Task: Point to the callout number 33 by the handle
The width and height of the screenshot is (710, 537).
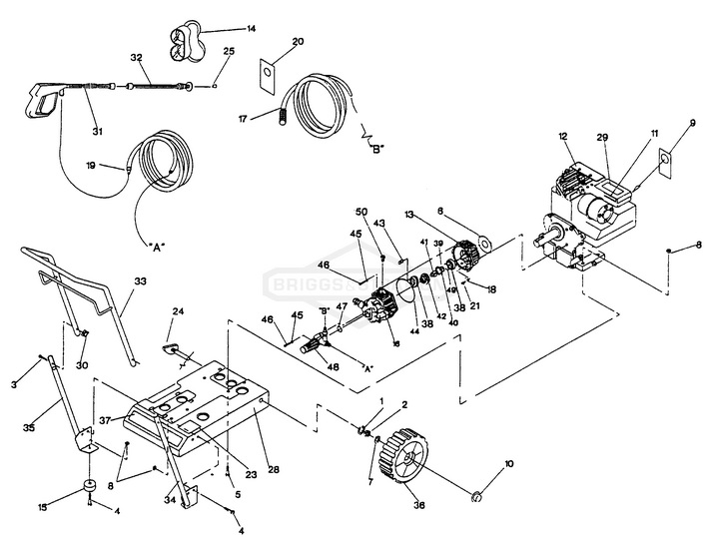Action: (x=140, y=282)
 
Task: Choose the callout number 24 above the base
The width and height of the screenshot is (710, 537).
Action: (x=178, y=312)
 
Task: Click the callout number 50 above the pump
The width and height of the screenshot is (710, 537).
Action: (x=361, y=213)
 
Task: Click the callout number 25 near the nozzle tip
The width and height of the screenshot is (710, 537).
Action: (x=229, y=51)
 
